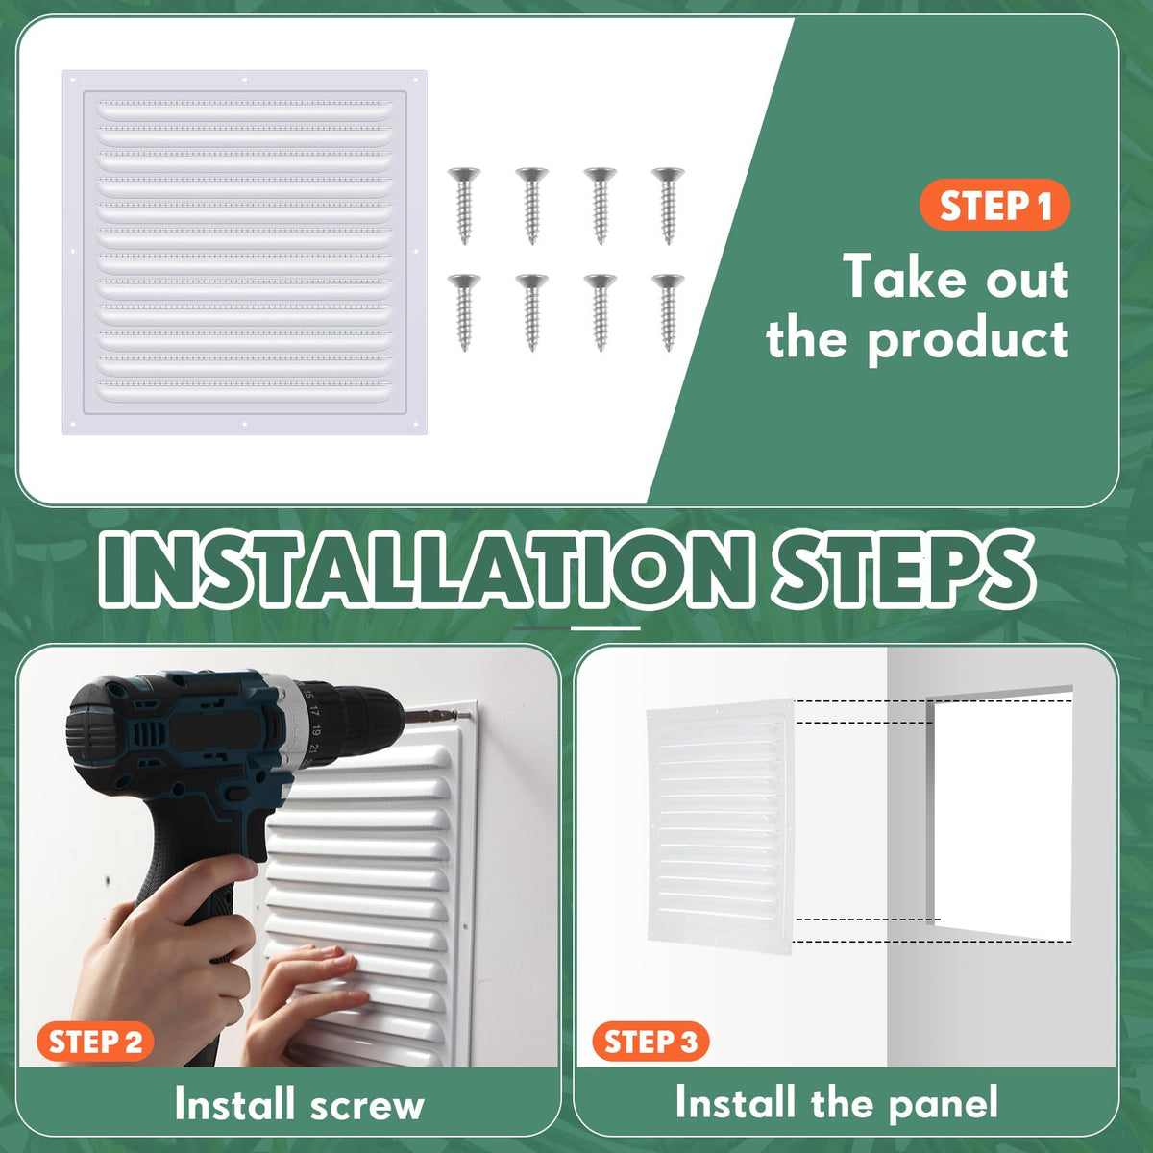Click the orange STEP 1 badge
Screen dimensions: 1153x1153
994,206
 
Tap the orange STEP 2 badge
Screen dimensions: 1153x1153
96,1042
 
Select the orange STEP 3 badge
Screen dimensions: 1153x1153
651,1042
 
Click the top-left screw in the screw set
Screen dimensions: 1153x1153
464,206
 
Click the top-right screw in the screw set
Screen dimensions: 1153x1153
669,206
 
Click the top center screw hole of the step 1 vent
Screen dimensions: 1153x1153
244,80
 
